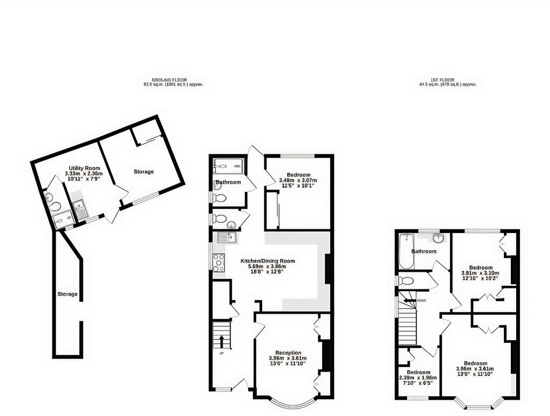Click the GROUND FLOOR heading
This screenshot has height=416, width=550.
[169, 80]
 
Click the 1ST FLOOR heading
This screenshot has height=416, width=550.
[442, 80]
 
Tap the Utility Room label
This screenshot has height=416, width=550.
[84, 168]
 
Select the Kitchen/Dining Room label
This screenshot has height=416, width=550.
[267, 261]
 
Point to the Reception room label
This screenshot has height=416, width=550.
[288, 353]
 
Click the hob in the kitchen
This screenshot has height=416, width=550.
[219, 262]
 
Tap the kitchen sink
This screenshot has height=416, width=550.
[227, 237]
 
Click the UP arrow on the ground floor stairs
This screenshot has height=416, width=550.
[221, 341]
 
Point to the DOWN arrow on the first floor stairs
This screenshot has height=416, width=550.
[409, 301]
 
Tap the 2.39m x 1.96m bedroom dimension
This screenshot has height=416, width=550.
[418, 378]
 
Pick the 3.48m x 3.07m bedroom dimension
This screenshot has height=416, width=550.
[298, 180]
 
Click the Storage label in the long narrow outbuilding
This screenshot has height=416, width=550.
[67, 294]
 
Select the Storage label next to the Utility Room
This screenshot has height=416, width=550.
[143, 172]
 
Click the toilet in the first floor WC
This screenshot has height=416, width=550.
[407, 281]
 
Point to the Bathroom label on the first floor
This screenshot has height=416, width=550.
[424, 251]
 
